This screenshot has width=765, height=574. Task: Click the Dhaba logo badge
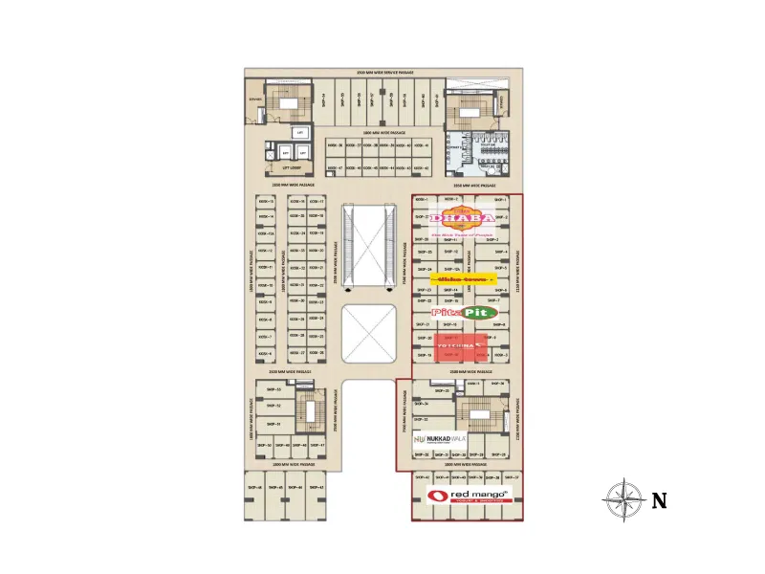click(x=464, y=220)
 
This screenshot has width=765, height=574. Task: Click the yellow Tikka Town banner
click(x=462, y=279)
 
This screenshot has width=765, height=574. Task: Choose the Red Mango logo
click(x=470, y=496)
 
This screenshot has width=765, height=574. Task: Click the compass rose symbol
click(x=623, y=498)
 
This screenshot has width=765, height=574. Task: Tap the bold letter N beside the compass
click(x=659, y=499)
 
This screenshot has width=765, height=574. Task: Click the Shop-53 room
click(x=273, y=390)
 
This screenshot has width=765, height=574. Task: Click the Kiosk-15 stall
click(x=266, y=202)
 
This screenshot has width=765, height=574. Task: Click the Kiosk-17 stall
click(x=316, y=202)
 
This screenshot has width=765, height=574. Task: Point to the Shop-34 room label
click(x=421, y=404)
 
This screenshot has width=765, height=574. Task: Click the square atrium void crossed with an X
click(x=370, y=333)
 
